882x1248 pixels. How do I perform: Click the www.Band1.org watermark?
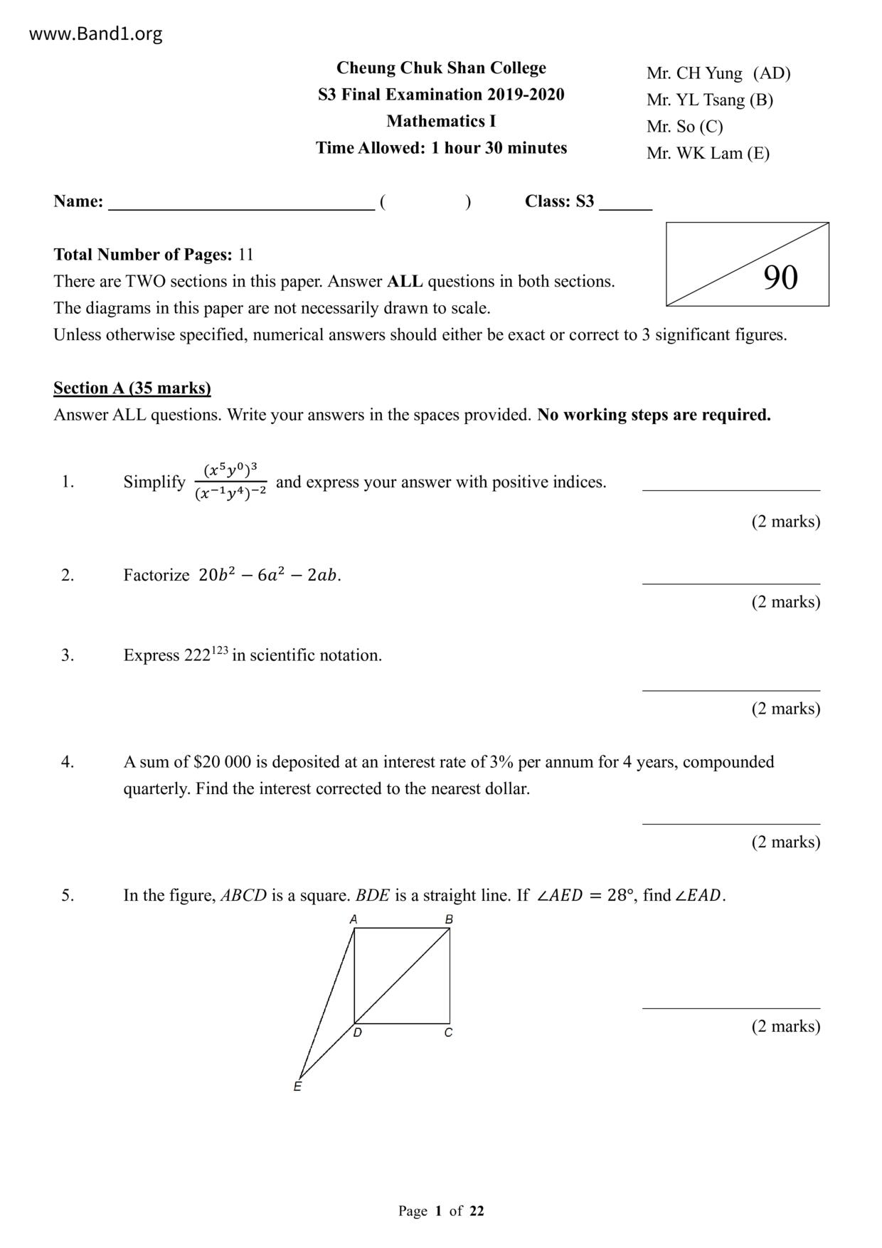tap(95, 34)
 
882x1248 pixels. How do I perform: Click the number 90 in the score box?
tap(780, 277)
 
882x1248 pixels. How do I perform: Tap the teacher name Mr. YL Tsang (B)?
tap(709, 100)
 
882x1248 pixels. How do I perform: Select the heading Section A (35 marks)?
tap(132, 388)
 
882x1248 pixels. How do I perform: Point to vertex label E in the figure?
tap(297, 1086)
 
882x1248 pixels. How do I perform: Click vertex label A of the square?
tap(354, 919)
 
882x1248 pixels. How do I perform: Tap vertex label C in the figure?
tap(448, 1032)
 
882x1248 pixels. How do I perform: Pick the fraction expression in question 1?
tap(230, 481)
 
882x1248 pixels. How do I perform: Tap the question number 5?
tap(68, 895)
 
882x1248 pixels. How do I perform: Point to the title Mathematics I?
tap(441, 121)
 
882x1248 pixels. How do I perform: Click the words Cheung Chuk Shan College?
tap(441, 68)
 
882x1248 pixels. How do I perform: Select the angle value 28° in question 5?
tap(622, 895)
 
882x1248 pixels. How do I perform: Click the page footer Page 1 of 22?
tap(441, 1210)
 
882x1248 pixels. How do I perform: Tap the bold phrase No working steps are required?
tap(654, 415)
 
